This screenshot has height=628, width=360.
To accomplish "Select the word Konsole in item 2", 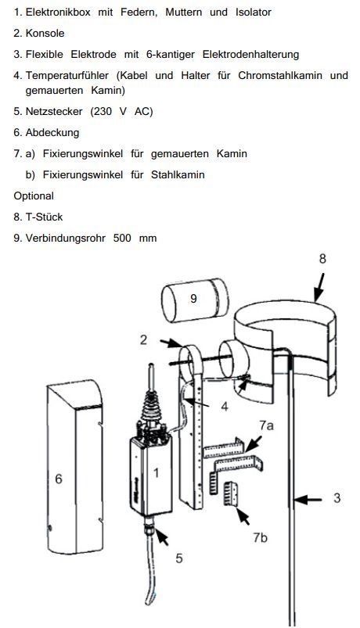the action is [45, 34].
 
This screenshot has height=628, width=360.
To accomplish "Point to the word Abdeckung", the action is [52, 133].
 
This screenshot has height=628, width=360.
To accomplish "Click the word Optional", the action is [34, 196].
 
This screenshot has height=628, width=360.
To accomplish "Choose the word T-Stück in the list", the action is [44, 217].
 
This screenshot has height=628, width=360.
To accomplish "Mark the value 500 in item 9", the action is [122, 239].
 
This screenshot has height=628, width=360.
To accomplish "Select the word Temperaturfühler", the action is [67, 75].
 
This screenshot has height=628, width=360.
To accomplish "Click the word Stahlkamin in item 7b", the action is [178, 175].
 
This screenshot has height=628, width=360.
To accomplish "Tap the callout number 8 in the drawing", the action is [322, 259].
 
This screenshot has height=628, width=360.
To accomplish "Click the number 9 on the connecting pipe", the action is [193, 299].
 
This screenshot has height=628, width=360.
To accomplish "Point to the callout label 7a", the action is [267, 425].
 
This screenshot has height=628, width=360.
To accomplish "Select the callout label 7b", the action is [260, 537].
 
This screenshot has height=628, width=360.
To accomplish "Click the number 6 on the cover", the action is [59, 479].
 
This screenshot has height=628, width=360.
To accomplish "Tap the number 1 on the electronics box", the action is [156, 473].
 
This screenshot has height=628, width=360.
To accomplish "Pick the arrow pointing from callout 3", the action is [308, 500].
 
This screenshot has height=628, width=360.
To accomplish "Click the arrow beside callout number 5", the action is [162, 536].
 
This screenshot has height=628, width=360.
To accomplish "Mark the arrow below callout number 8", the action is [319, 287].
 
